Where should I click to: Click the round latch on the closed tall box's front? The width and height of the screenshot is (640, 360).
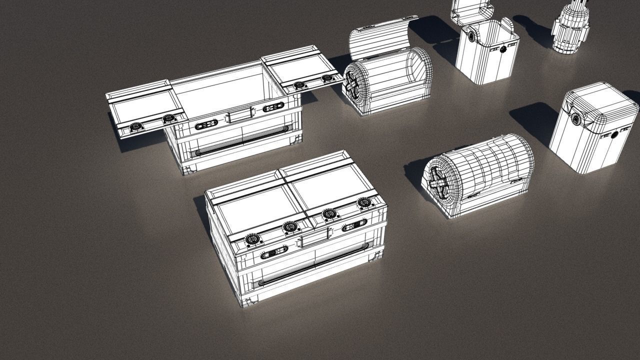(614, 134)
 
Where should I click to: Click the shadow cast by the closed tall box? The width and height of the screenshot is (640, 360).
(532, 120)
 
